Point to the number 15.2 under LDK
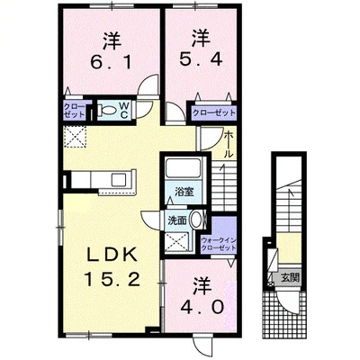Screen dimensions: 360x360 tap(111, 280)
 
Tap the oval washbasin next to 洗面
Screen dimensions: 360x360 tap(198, 221)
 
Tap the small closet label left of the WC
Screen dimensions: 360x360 tap(75, 112)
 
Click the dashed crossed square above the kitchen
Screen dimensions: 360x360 tap(75, 138)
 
